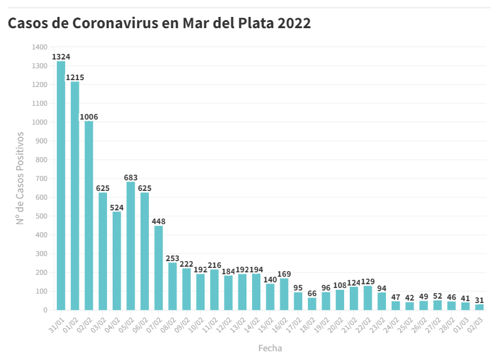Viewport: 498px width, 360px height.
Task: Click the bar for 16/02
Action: (284, 294)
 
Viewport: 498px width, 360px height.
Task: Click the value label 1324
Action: (61, 57)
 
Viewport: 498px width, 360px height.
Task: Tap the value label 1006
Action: (89, 117)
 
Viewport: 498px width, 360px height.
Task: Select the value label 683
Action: (131, 178)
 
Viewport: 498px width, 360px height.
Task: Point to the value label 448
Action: (158, 222)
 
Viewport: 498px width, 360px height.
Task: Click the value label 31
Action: (479, 300)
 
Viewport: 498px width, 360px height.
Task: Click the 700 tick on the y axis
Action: (41, 178)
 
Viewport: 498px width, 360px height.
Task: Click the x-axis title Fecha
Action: (270, 347)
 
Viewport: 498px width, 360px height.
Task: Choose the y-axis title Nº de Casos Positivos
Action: (20, 178)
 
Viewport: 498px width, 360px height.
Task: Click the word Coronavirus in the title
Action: (124, 24)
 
